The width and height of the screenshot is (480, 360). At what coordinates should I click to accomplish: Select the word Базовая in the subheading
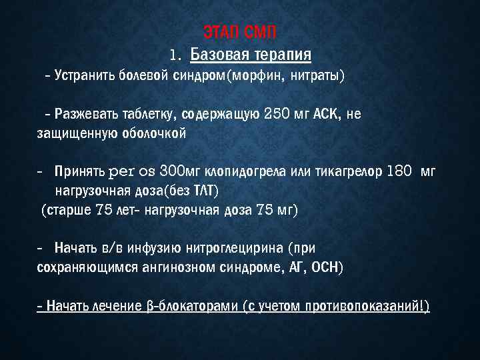coord(219,53)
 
